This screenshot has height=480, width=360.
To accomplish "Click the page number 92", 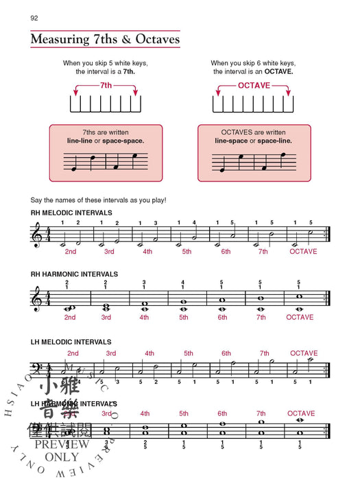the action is (x=34, y=18).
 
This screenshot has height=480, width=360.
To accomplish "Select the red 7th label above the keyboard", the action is (x=106, y=86).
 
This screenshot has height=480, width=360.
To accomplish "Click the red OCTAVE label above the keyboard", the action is (x=254, y=86).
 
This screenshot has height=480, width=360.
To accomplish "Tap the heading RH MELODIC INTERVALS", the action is (x=71, y=213).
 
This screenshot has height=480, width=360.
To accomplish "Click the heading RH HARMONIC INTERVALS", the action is (x=74, y=274).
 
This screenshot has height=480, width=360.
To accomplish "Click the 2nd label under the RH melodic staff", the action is (x=70, y=252).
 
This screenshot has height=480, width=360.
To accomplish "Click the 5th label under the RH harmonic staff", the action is (x=184, y=317).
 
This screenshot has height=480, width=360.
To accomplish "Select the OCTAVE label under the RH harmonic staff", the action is (x=300, y=317).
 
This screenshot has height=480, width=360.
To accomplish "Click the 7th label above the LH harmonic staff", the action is (x=261, y=413).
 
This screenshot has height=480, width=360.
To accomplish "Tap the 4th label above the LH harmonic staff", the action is (x=145, y=413).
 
